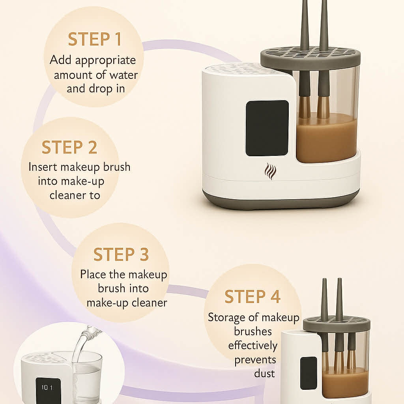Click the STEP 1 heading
pos(94,39)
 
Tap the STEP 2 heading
pos(69,147)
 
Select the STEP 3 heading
pos(121,255)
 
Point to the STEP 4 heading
pos(252,297)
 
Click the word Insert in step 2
pos(43,167)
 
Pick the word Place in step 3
pos(94,274)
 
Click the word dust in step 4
pos(264,373)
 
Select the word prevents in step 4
pos(255,360)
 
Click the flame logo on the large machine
pos(270,171)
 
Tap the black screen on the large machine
pos(267,128)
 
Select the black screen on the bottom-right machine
pos(308,373)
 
